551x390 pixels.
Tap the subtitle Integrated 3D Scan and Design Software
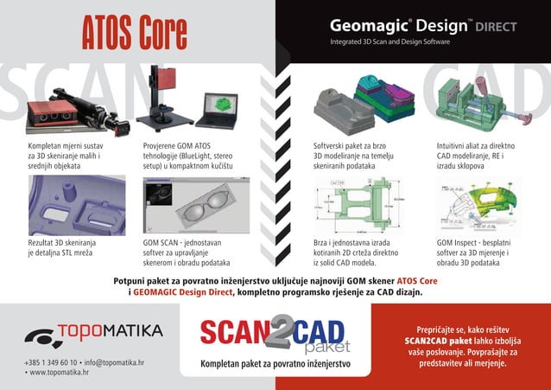pyautogui.click(x=390, y=42)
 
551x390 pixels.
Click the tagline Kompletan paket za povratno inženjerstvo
pyautogui.click(x=275, y=365)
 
